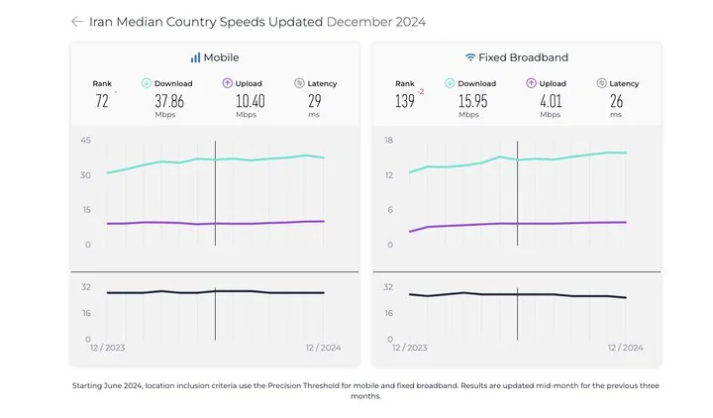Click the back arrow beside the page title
(77, 21)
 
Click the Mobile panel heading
(215, 57)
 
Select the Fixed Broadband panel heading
(516, 57)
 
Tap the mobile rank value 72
(102, 101)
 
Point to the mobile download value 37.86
(169, 100)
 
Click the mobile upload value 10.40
(250, 100)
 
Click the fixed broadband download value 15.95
(472, 100)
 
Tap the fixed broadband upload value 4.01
(552, 100)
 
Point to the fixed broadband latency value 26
(616, 100)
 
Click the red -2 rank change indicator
(421, 91)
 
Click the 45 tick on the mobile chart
(85, 141)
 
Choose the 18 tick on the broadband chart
(388, 141)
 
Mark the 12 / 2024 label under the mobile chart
(322, 348)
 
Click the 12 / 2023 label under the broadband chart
(410, 348)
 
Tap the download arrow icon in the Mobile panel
(147, 83)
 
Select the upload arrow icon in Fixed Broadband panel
(531, 83)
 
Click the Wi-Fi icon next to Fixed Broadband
(470, 57)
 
